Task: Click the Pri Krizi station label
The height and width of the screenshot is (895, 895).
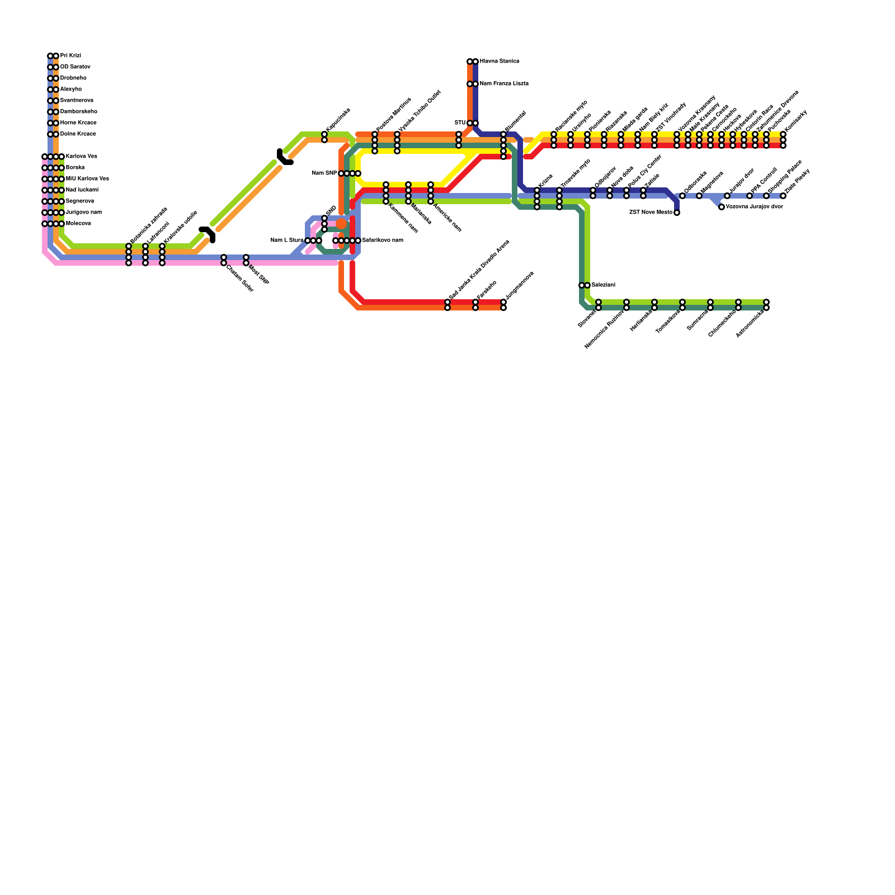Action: (x=70, y=56)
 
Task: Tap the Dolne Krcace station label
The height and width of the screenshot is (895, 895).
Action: (x=78, y=134)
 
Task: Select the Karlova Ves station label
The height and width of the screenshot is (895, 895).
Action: (x=81, y=157)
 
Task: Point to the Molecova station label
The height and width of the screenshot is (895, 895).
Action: (x=78, y=224)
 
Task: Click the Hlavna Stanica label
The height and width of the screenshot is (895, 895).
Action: (x=499, y=62)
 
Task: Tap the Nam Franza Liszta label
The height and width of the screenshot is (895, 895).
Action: (x=503, y=84)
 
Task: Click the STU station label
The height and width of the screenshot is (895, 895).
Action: (x=460, y=123)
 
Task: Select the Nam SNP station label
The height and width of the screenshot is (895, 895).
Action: (x=324, y=173)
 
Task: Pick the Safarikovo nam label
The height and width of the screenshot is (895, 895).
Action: (x=383, y=241)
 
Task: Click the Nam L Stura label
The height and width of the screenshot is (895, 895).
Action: (x=286, y=241)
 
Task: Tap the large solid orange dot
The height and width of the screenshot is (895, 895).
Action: (x=341, y=224)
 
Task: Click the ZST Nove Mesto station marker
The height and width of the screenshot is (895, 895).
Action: (x=677, y=213)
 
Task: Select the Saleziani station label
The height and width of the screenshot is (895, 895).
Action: (x=603, y=285)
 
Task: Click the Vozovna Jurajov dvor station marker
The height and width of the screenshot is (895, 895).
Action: (x=722, y=207)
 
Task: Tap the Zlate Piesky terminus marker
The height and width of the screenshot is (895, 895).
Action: (x=783, y=196)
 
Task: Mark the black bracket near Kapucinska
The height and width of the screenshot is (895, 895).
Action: (x=284, y=158)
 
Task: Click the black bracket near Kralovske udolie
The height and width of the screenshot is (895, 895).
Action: (x=208, y=233)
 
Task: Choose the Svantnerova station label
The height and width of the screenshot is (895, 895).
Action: (x=77, y=101)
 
